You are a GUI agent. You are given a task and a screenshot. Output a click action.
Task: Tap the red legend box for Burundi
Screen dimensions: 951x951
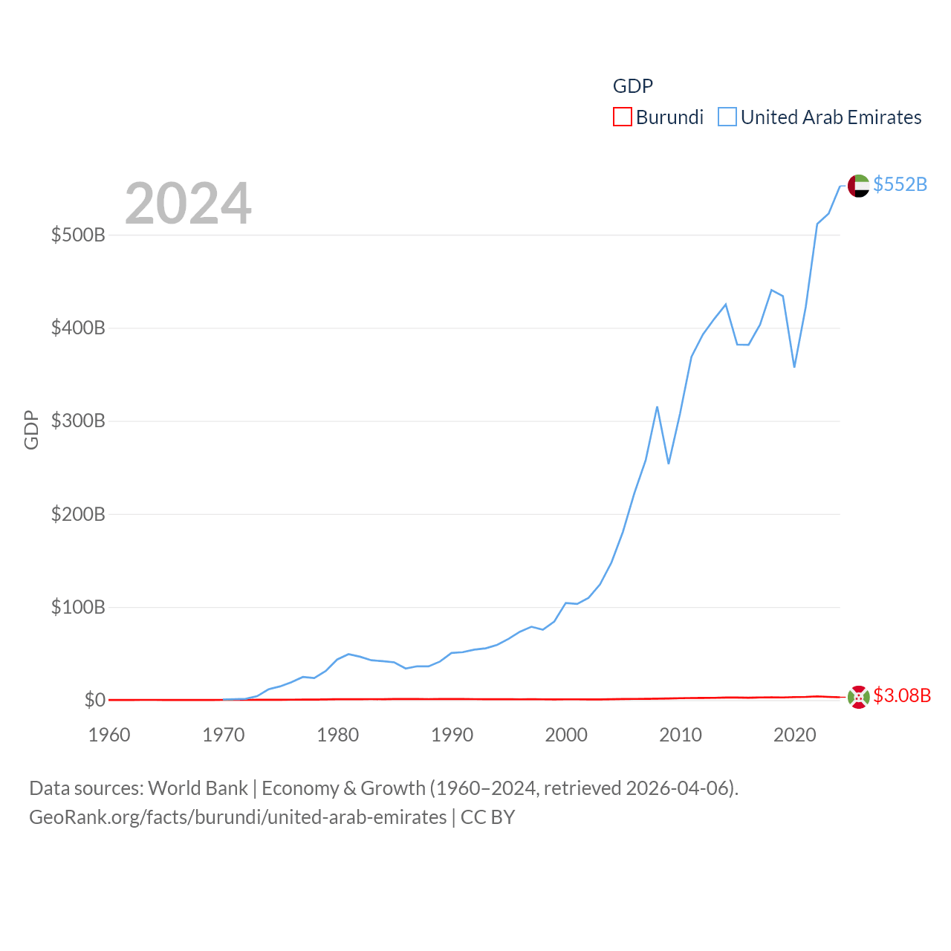pos(622,117)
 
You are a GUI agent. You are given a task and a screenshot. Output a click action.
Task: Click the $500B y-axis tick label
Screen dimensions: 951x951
pos(78,236)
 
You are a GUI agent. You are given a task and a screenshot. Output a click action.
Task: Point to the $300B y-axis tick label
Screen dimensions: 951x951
pos(78,421)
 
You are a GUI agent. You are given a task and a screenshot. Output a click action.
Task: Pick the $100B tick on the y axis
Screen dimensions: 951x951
pos(78,607)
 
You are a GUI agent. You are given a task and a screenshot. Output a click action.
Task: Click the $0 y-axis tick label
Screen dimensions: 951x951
pos(94,700)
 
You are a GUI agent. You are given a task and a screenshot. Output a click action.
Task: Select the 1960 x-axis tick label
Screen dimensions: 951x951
pos(109,735)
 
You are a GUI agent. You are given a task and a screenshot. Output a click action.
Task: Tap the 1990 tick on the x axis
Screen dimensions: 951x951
pos(452,735)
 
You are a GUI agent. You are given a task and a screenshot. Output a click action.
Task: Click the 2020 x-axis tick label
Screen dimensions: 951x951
pos(794,735)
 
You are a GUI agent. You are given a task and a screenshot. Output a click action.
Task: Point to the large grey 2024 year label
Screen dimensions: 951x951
pos(188,204)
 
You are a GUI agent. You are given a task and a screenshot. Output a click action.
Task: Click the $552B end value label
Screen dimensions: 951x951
pos(900,184)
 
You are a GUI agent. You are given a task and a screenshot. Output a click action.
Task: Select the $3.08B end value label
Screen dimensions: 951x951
pos(901,695)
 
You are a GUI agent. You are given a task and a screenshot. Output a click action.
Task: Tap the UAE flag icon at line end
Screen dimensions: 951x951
pos(858,186)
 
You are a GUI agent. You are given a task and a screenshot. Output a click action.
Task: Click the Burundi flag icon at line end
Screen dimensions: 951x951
pos(858,698)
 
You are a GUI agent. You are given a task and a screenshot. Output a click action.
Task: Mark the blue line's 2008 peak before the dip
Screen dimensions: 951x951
pos(657,407)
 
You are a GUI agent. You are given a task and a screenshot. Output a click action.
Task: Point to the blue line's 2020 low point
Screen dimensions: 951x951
pos(794,366)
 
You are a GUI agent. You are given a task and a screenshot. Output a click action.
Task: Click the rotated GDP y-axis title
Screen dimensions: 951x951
pos(31,429)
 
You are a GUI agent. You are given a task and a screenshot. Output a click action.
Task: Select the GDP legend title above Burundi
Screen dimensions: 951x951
pos(632,86)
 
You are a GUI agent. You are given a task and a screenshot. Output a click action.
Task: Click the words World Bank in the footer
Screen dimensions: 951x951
pos(198,788)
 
